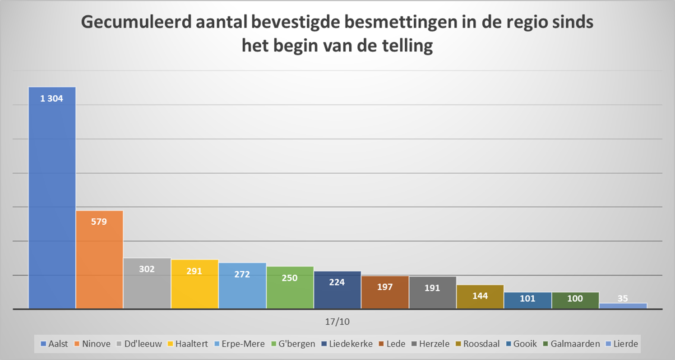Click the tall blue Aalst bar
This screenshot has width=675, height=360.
click(52, 198)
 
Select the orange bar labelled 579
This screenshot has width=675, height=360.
click(99, 262)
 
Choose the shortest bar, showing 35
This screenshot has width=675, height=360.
click(623, 306)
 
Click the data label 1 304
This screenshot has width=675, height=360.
click(52, 99)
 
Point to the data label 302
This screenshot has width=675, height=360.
click(147, 269)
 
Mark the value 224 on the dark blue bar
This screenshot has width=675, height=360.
click(337, 282)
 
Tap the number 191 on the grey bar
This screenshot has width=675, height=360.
click(432, 288)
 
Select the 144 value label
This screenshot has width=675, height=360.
click(480, 296)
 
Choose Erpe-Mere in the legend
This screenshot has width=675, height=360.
click(241, 344)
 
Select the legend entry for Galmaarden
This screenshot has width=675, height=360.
click(571, 344)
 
